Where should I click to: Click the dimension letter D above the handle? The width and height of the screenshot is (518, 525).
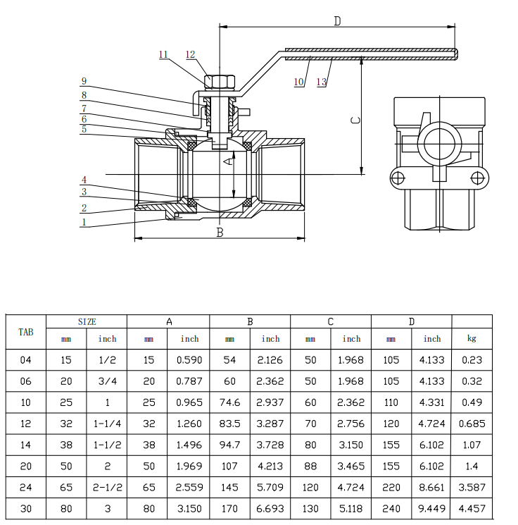point(337,21)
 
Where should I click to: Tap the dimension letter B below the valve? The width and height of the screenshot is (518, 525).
point(220,232)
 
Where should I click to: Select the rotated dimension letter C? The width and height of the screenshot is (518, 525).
point(356,120)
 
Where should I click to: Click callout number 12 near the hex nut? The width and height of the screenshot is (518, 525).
point(190,54)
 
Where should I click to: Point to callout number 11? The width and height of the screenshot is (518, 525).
point(163,54)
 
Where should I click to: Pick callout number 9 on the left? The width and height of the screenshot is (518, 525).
point(84,81)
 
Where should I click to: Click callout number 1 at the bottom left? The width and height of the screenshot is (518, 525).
point(84,222)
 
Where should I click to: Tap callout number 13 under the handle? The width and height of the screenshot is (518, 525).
point(322,82)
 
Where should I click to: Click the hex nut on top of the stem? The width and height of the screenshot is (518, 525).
point(220,82)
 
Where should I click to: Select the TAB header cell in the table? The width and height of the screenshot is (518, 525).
point(26,332)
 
